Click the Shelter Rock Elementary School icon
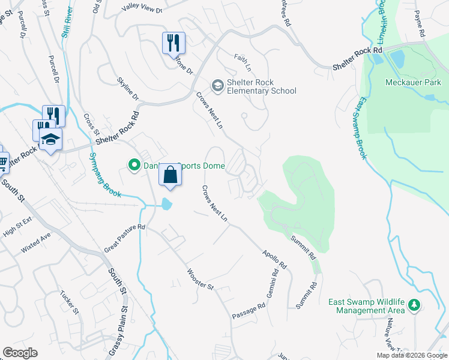pos(216,86)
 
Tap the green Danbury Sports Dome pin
pos(133,163)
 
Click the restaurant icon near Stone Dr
pos(173,43)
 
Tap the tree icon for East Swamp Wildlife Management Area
pos(414,305)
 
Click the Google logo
pos(20,353)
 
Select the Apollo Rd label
pos(274,259)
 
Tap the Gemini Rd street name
pos(274,280)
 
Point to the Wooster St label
pos(200,280)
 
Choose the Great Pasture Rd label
pos(125,237)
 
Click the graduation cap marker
pos(51,139)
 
